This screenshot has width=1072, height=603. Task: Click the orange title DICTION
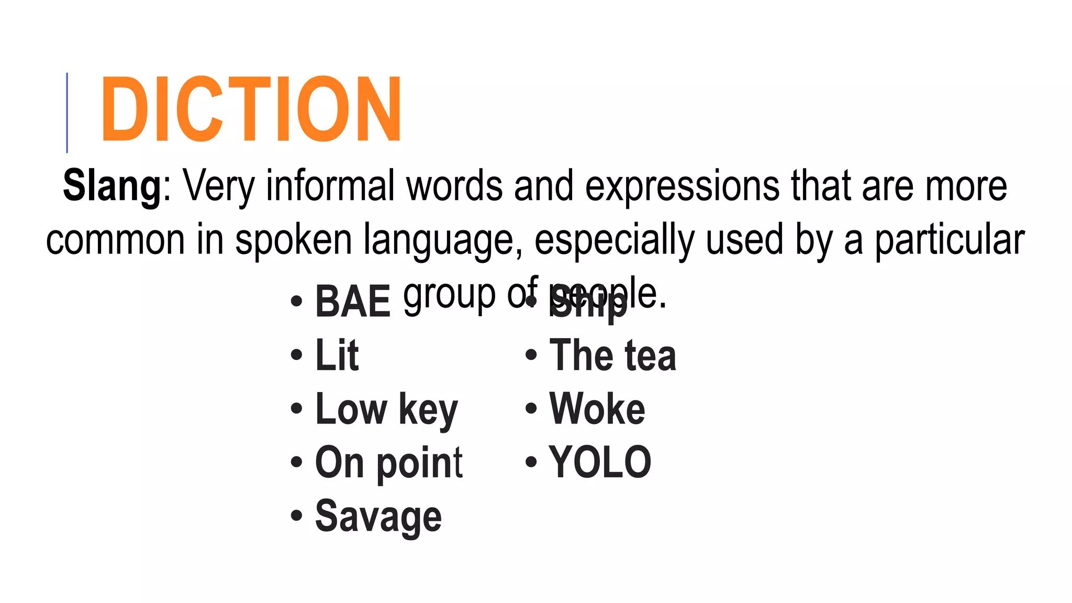pos(251,109)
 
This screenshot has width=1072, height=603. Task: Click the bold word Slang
pos(112,186)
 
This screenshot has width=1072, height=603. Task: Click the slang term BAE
pos(353,301)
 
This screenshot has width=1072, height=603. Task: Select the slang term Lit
pos(337,355)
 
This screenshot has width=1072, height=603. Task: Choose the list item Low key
pos(386,409)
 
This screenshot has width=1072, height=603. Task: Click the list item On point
pos(388,463)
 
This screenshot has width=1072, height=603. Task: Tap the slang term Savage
pos(378,517)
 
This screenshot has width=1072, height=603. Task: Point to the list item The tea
pos(612,355)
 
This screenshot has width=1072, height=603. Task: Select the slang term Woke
pos(597,409)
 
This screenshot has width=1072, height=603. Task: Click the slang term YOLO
pos(600,462)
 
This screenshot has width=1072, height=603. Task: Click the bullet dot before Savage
pos(296,515)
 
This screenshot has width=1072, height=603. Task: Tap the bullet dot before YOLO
pos(531,462)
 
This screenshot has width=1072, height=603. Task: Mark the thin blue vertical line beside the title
pos(67,113)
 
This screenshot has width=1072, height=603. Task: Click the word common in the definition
pos(115,240)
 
